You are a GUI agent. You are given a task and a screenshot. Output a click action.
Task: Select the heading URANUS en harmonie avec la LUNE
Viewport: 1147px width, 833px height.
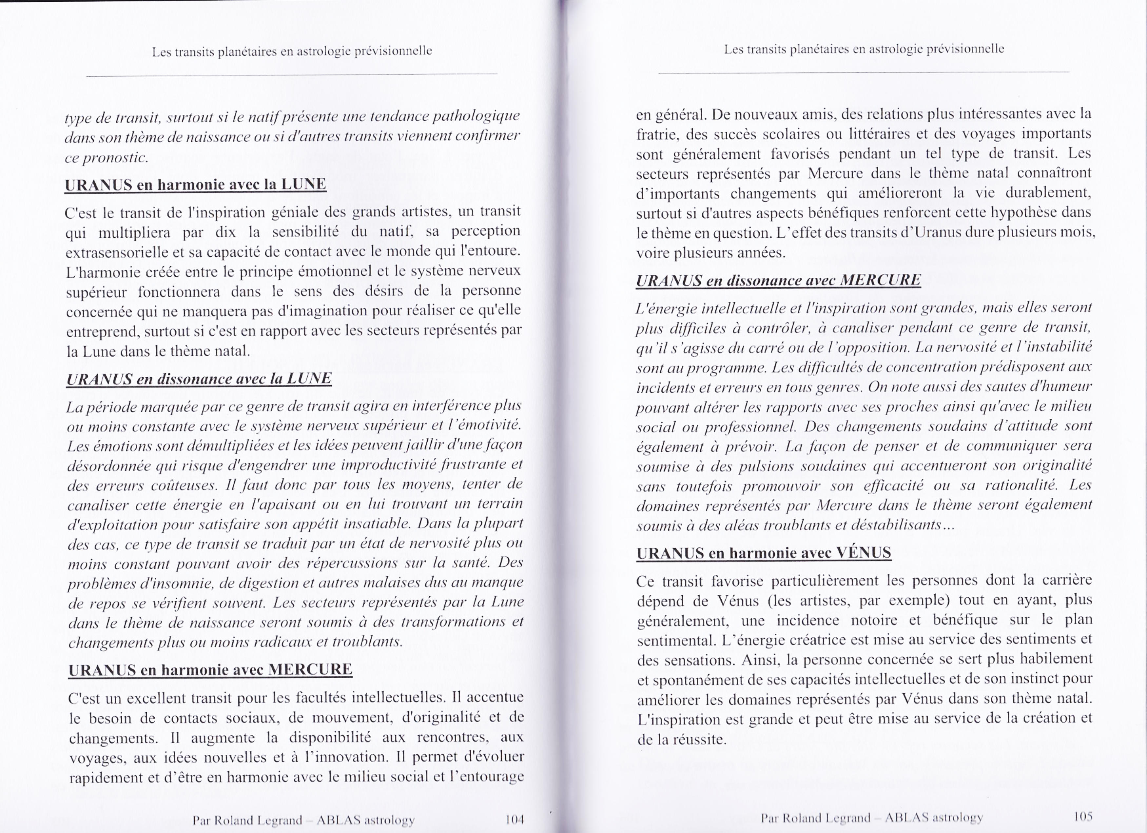(195, 185)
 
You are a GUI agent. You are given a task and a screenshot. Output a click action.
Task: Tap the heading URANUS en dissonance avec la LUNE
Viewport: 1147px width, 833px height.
(199, 379)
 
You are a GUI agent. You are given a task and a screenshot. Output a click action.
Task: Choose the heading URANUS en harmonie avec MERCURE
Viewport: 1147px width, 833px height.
(210, 670)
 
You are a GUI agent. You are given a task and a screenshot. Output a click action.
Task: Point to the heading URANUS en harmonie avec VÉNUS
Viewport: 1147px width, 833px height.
(764, 553)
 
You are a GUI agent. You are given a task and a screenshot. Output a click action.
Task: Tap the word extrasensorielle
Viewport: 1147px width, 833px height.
(124, 252)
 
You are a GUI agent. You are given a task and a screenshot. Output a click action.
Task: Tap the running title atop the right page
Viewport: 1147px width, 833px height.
(864, 49)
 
